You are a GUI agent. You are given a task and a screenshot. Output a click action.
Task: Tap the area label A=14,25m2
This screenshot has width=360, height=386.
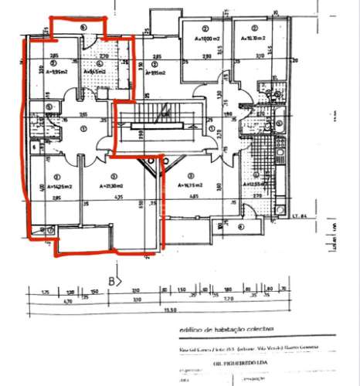(59, 186)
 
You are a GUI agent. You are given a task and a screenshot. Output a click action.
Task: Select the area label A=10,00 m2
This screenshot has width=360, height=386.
(206, 37)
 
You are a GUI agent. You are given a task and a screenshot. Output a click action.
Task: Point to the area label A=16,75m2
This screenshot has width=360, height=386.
(190, 186)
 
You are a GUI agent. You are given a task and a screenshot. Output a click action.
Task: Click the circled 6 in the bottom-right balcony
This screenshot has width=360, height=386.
(241, 227)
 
